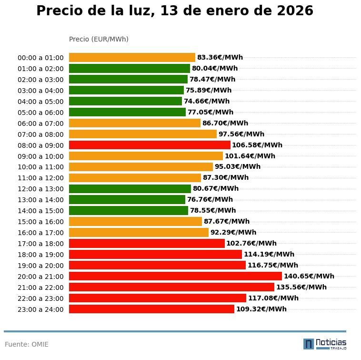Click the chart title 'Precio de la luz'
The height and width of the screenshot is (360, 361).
click(x=175, y=11)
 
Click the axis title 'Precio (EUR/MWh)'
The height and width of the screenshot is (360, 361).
click(x=99, y=39)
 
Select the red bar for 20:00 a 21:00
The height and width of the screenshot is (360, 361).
click(x=175, y=276)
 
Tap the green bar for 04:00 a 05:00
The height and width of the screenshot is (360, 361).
click(x=125, y=101)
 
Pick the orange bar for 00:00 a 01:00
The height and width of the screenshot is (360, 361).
click(x=132, y=57)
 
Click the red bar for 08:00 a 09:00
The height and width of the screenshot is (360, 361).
click(x=150, y=145)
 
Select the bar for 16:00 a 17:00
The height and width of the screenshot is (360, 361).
click(x=139, y=232)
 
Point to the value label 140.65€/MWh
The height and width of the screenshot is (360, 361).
click(x=309, y=276)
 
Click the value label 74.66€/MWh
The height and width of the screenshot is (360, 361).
click(x=206, y=101)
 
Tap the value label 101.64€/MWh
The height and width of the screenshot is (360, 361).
click(x=250, y=156)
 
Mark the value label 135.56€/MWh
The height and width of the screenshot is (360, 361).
click(x=301, y=287)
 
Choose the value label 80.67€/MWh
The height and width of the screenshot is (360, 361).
click(x=215, y=188)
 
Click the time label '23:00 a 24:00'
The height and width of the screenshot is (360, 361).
click(x=40, y=309)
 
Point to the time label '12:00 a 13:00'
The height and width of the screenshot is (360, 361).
click(x=40, y=189)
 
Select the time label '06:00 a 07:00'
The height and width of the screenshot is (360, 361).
click(x=40, y=123)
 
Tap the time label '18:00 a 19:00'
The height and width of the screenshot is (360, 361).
click(x=40, y=255)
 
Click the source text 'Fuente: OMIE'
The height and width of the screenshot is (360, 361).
click(x=27, y=344)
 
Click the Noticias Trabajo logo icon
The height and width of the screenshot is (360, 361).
click(x=309, y=344)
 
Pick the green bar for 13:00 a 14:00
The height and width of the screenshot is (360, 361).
click(x=127, y=199)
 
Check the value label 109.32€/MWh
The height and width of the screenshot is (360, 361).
click(x=261, y=309)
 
